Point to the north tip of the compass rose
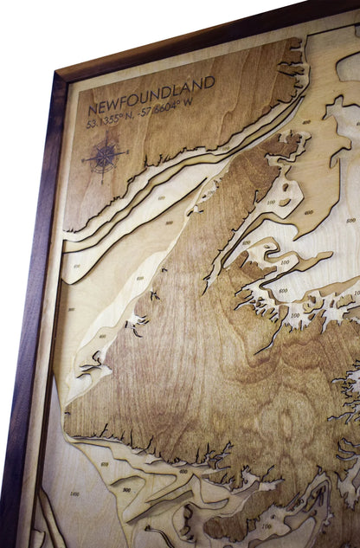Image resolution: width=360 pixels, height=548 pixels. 106,139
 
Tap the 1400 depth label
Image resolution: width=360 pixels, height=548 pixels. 74,493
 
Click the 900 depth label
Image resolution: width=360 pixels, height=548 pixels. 126,489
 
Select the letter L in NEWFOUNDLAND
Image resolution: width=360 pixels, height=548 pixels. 178,90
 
